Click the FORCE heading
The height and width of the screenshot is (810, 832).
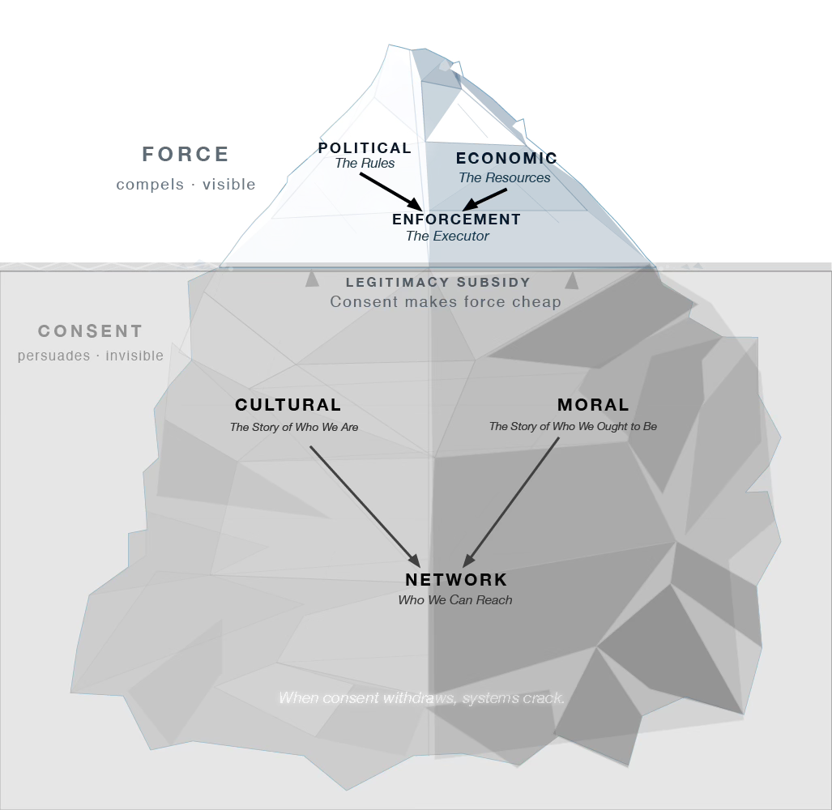point(186,155)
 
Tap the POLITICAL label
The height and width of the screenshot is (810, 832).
point(365,148)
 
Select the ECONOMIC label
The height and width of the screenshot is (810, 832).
point(507,158)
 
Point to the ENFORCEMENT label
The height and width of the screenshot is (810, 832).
point(456,219)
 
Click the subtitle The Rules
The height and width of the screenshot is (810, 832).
point(365,164)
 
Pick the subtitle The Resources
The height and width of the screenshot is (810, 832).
point(505,177)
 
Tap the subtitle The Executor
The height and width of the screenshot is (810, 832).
point(447,236)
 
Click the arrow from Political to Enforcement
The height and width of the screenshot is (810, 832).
point(391,191)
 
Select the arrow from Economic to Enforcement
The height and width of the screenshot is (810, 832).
point(484,199)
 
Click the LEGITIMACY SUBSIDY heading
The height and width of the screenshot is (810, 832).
point(438,282)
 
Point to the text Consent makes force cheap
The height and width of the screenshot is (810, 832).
point(446,302)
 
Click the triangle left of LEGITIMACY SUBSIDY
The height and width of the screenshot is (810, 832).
point(313,279)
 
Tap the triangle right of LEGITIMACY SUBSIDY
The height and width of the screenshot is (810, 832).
point(571,280)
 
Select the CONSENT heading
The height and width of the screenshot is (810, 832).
point(91,331)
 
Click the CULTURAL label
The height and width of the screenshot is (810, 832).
point(288,405)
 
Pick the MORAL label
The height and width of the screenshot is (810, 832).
point(593,405)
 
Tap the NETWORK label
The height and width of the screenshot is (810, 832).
point(456,580)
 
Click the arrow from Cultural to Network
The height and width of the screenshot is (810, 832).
point(365,506)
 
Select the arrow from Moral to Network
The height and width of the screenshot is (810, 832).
point(511,502)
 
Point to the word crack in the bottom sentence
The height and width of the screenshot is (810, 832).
point(547,698)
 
